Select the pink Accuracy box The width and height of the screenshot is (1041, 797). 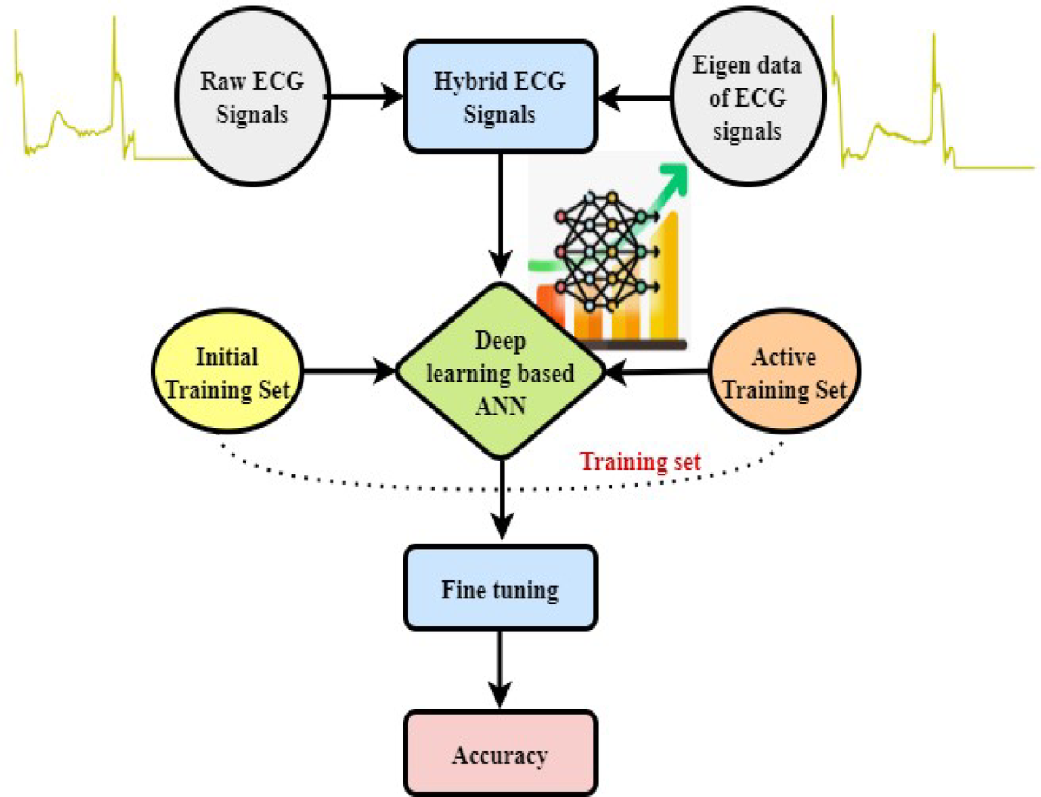(x=501, y=755)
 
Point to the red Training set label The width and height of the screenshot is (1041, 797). (x=640, y=461)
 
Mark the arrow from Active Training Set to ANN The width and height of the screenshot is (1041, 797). (x=659, y=374)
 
